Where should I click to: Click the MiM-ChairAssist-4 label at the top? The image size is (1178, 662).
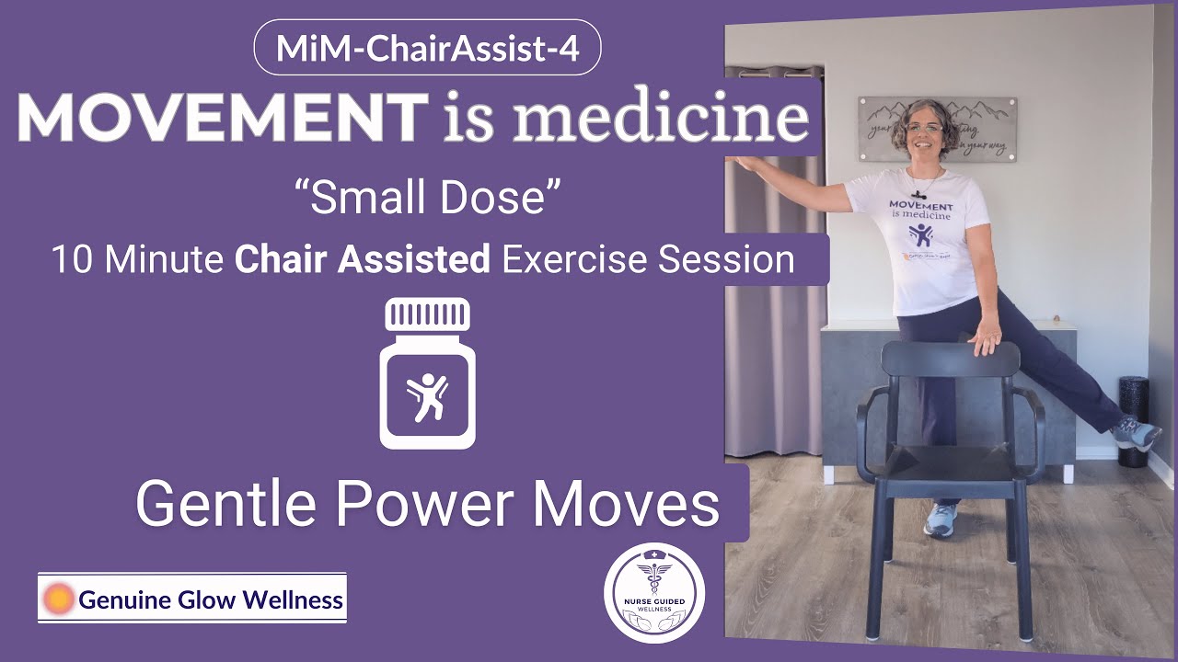(x=427, y=48)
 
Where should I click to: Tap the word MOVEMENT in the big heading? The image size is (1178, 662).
(x=220, y=118)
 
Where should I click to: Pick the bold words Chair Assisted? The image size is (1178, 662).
(x=363, y=260)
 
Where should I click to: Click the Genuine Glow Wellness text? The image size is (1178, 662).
(x=211, y=601)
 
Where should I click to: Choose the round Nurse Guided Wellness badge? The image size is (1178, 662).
(x=654, y=593)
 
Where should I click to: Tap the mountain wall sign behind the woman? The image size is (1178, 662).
(x=937, y=129)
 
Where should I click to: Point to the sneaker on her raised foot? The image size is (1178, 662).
(x=1136, y=431)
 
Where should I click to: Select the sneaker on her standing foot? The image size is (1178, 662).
(x=941, y=519)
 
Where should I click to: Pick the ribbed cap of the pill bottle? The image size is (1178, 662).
(x=426, y=315)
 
